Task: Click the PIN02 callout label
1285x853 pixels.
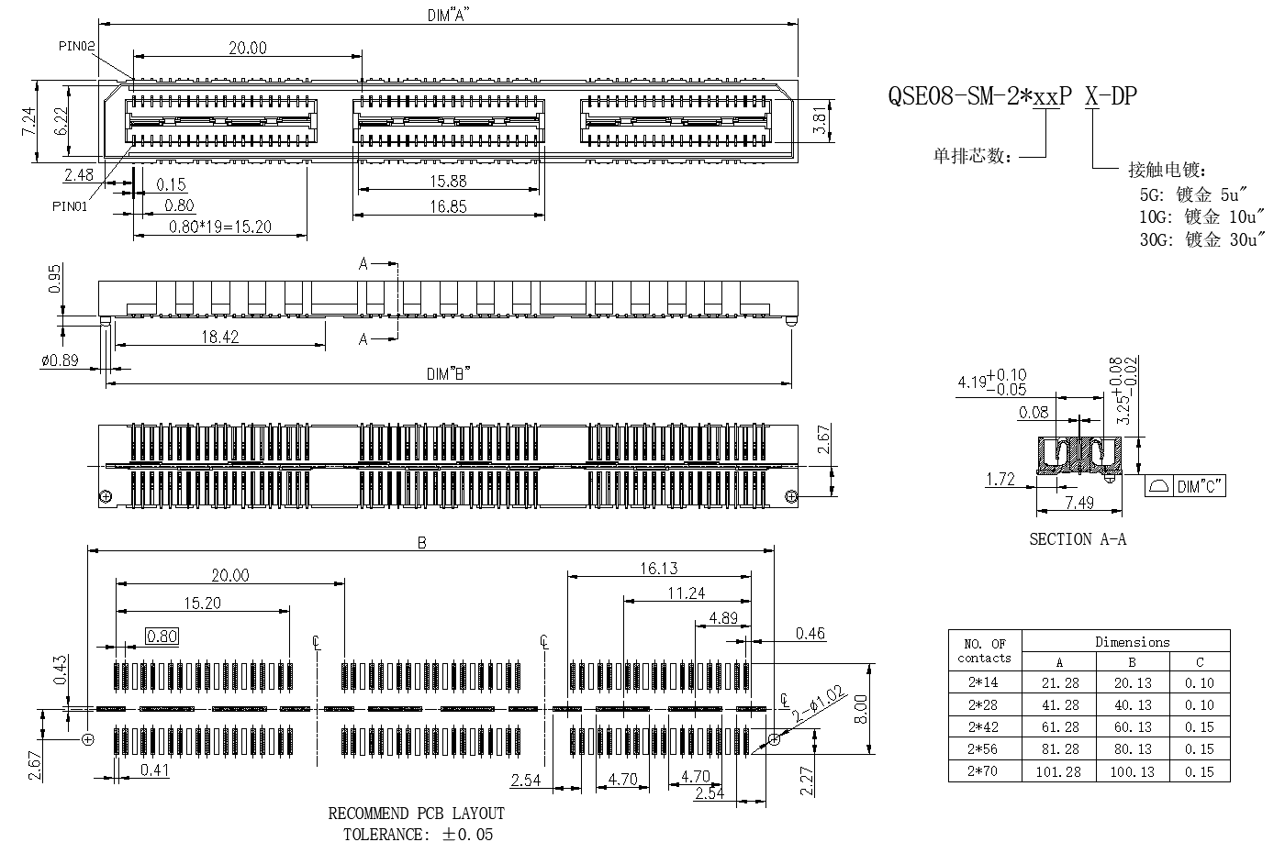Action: pyautogui.click(x=76, y=46)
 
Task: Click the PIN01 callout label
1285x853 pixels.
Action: pyautogui.click(x=70, y=206)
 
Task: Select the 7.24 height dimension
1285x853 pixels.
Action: pyautogui.click(x=28, y=121)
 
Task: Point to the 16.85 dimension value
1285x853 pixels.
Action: pyautogui.click(x=448, y=206)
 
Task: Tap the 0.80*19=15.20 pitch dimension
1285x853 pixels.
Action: pyautogui.click(x=219, y=227)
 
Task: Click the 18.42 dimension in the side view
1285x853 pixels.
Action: pyautogui.click(x=219, y=337)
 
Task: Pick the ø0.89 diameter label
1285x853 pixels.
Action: pyautogui.click(x=60, y=360)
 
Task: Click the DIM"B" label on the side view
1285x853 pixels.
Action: pyautogui.click(x=448, y=374)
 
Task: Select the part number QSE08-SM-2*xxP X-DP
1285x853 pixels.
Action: pyautogui.click(x=1011, y=95)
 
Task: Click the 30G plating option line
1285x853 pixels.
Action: pyautogui.click(x=1201, y=239)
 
